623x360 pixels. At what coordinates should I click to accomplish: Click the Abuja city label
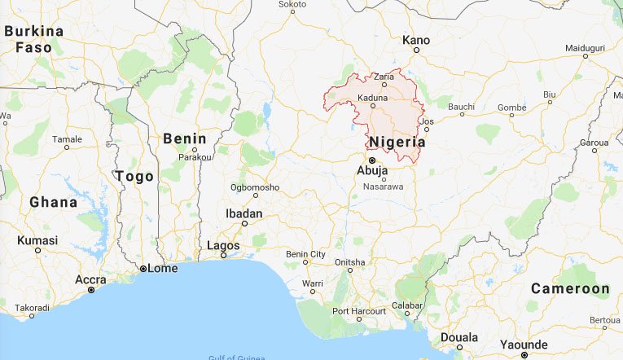point(373,171)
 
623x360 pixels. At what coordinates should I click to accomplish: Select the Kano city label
point(416,39)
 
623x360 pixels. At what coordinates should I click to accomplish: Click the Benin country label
point(184,138)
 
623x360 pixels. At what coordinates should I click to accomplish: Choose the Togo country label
point(134,176)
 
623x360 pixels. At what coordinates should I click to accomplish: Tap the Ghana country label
point(53,201)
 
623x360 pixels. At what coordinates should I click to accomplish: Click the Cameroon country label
point(570,289)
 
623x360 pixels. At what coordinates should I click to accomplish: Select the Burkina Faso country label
point(33,39)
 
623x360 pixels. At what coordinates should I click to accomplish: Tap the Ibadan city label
point(243,213)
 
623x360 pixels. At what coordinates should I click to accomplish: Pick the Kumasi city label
point(38,240)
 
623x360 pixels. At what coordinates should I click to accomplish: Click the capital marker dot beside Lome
point(143,268)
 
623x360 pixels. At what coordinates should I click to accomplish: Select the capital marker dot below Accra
point(91,290)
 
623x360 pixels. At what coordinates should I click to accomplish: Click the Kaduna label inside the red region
point(372,98)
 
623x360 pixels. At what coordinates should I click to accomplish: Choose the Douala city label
point(458,336)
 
